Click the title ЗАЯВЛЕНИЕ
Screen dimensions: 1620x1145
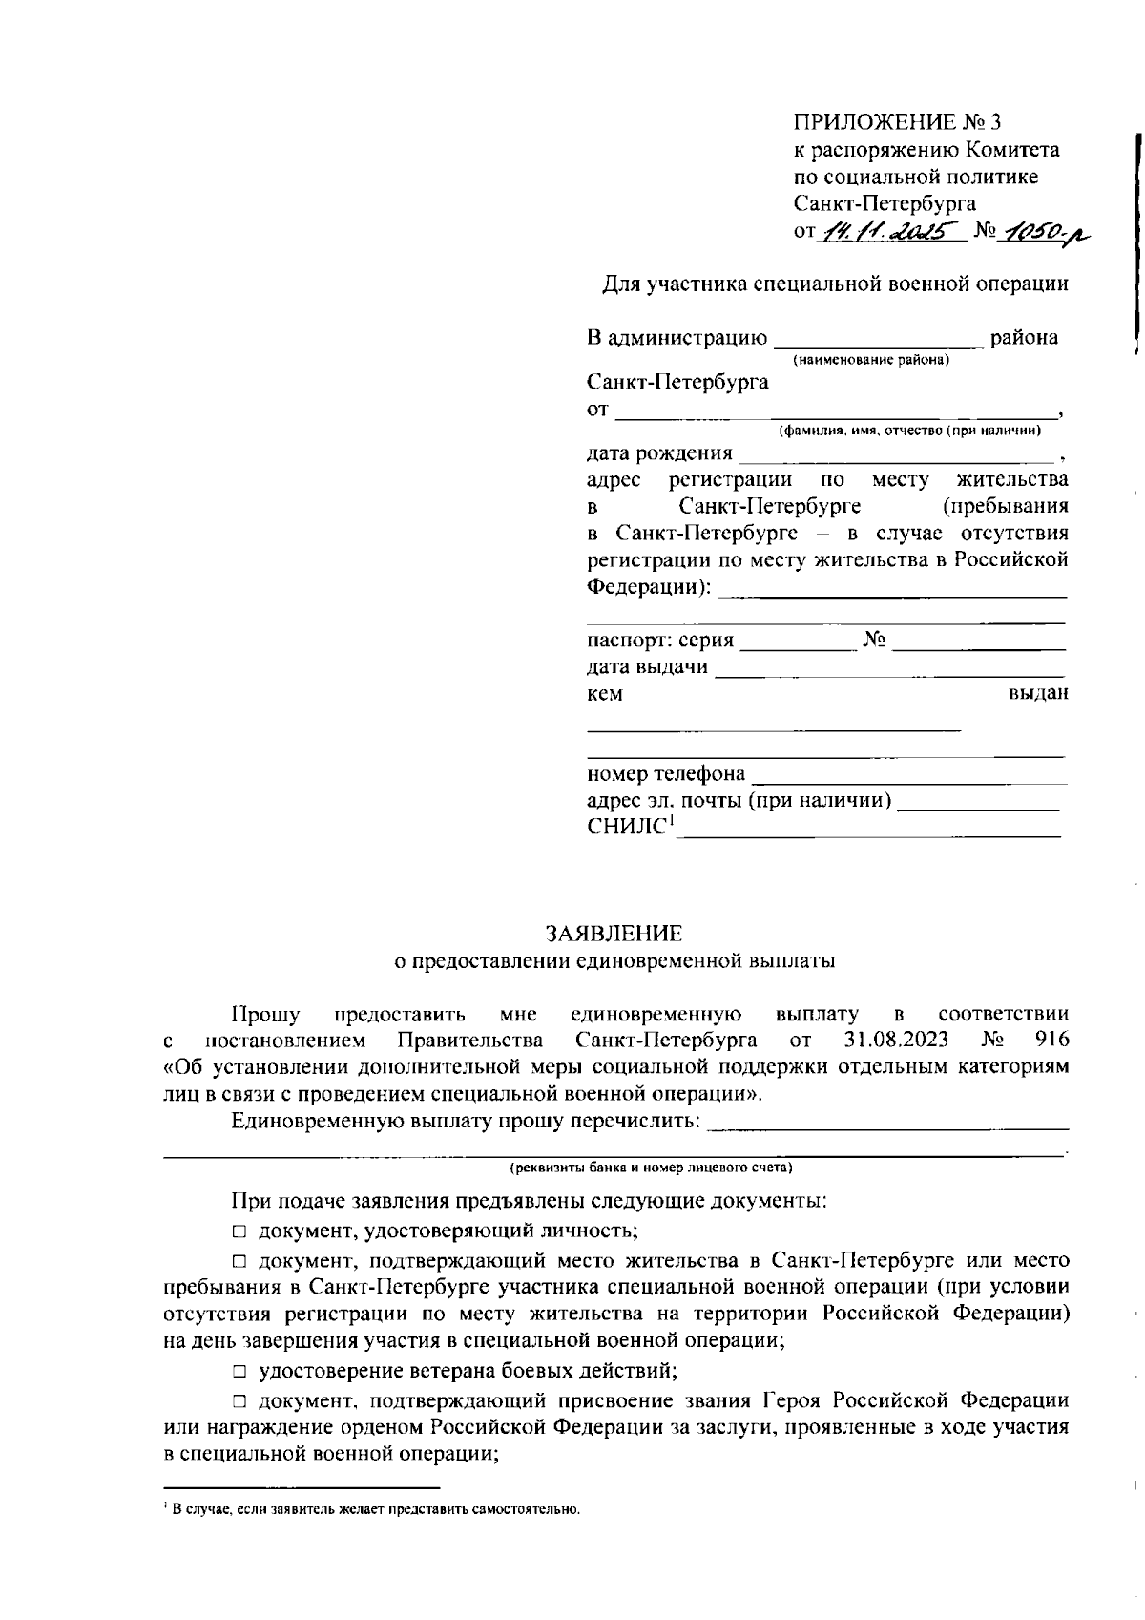click(614, 933)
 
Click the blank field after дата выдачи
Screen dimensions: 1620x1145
click(889, 669)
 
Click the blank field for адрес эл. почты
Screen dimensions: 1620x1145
click(979, 804)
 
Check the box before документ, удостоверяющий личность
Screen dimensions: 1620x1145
click(239, 1231)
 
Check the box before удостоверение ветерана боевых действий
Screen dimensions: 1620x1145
click(239, 1372)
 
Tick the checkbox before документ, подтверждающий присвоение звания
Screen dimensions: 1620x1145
click(239, 1401)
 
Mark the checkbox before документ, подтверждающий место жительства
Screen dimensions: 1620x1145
click(239, 1261)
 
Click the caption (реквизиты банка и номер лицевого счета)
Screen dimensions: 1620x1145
click(652, 1168)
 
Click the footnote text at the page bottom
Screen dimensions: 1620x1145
click(372, 1509)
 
